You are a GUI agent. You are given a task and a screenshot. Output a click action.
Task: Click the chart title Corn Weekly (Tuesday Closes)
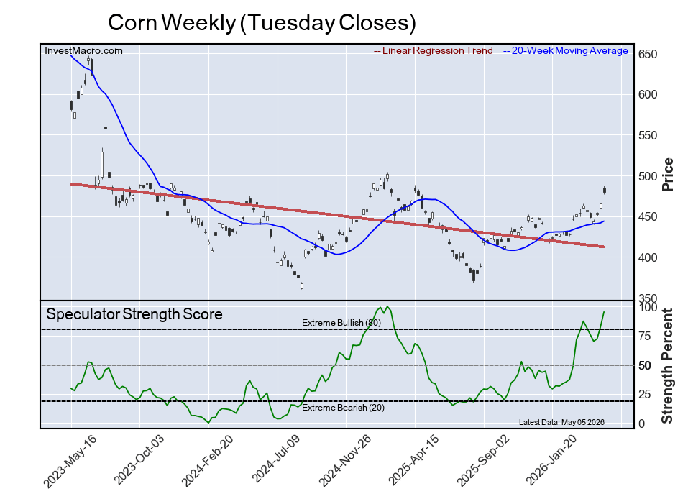pyautogui.click(x=262, y=23)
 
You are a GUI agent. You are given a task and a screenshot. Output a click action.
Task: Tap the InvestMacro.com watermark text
pyautogui.click(x=83, y=51)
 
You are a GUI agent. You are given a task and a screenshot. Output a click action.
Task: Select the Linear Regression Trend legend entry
pyautogui.click(x=433, y=51)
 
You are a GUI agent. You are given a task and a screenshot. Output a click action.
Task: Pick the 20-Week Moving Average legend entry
pyautogui.click(x=566, y=51)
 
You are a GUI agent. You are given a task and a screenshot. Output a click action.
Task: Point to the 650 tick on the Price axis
pyautogui.click(x=648, y=55)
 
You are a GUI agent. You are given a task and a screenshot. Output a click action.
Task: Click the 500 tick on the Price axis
pyautogui.click(x=648, y=176)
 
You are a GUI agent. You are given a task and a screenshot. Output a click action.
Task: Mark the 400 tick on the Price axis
pyautogui.click(x=648, y=257)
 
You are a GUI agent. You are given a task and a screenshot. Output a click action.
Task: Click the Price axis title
pyautogui.click(x=668, y=175)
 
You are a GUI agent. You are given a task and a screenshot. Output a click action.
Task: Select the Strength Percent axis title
pyautogui.click(x=667, y=366)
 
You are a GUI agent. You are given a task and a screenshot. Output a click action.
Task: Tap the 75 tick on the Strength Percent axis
pyautogui.click(x=645, y=337)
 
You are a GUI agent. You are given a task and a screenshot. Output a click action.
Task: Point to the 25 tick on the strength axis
pyautogui.click(x=645, y=395)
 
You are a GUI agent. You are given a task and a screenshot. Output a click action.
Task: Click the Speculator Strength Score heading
pyautogui.click(x=134, y=314)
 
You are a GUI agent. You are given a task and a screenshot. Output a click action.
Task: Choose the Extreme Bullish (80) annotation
pyautogui.click(x=341, y=323)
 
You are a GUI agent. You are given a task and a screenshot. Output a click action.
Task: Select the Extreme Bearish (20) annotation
pyautogui.click(x=343, y=408)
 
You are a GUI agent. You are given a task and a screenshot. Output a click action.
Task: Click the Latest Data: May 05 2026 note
pyautogui.click(x=561, y=422)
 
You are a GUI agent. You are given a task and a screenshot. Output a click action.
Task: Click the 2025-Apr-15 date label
pyautogui.click(x=413, y=460)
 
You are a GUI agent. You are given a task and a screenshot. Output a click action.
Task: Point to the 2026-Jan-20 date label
pyautogui.click(x=551, y=460)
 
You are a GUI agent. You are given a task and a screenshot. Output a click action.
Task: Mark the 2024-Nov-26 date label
pyautogui.click(x=344, y=460)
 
